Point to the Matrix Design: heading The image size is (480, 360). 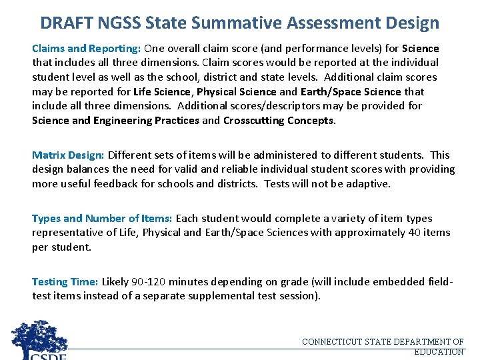point(67,155)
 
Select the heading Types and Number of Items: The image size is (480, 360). point(102,218)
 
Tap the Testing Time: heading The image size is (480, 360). point(65,281)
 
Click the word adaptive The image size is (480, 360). point(369,183)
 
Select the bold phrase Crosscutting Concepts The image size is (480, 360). point(279,120)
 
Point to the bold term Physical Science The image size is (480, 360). point(236,91)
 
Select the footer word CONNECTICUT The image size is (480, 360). point(331,342)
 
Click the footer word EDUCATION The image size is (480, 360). point(439,351)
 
